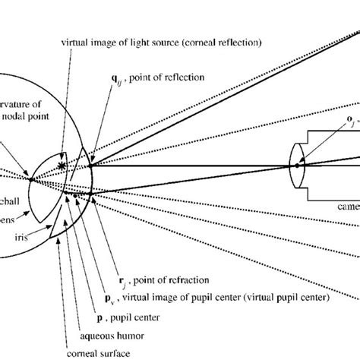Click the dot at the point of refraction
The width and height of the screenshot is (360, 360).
pos(90,194)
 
